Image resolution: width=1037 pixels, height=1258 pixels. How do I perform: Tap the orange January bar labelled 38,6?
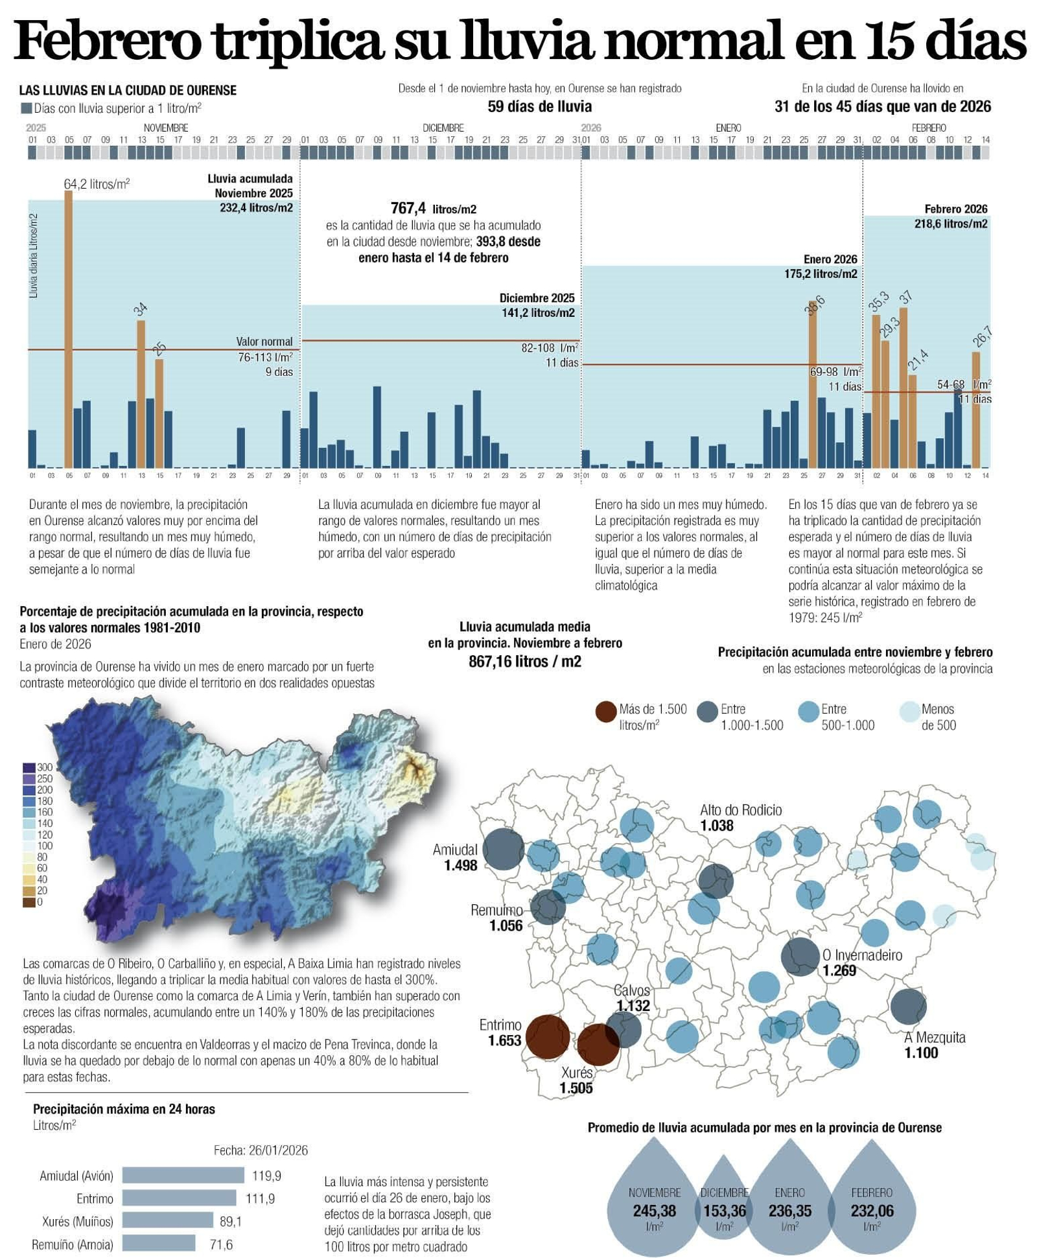point(812,389)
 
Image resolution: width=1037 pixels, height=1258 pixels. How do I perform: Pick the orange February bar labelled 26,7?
point(975,409)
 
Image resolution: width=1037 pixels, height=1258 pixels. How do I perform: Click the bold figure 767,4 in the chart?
point(408,208)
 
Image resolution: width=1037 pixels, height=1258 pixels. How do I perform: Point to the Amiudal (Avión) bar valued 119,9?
point(183,1175)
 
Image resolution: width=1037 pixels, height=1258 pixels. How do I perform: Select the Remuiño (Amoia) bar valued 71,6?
point(159,1244)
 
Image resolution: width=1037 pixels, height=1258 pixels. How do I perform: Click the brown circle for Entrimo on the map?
point(548,1037)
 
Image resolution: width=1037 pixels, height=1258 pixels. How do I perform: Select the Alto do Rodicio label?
point(741,810)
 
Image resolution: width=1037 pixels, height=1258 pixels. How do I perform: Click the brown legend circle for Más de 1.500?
point(606,712)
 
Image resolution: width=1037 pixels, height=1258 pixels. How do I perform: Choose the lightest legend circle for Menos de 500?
point(909,712)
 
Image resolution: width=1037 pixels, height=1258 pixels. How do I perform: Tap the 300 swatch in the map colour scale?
point(29,767)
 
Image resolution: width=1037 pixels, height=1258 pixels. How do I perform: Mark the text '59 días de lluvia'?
point(539,106)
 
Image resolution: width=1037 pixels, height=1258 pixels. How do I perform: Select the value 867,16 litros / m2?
point(524,662)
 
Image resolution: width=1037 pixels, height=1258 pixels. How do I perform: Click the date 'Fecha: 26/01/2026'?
point(261,1150)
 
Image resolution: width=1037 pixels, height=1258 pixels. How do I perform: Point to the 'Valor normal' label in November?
point(264,342)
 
